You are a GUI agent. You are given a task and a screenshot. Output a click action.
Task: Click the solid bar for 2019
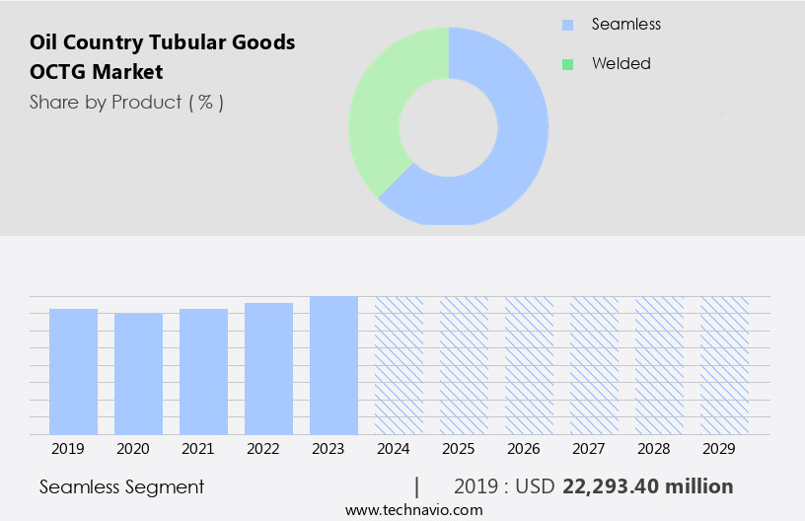coord(73,371)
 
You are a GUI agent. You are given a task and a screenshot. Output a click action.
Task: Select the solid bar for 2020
coord(138,373)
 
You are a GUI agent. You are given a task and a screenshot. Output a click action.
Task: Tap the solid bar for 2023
coord(333,365)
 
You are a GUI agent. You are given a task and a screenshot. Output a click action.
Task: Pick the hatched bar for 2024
coord(399,365)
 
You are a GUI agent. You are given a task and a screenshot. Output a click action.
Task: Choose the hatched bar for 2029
coord(724,365)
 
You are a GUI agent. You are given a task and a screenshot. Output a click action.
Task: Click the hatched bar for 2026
coord(529,365)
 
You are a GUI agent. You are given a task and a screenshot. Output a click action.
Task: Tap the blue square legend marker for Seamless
coord(567,25)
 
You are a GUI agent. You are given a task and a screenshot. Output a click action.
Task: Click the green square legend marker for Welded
coord(567,64)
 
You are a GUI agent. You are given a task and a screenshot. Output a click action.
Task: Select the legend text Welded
coord(621,63)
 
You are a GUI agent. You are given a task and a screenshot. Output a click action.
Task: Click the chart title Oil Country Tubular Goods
coord(162,42)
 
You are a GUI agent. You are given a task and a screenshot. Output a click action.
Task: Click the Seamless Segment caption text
coord(121,486)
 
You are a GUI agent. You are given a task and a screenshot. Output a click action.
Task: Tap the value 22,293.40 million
coord(647,486)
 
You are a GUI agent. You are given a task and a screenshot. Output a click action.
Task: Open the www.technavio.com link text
coord(413,510)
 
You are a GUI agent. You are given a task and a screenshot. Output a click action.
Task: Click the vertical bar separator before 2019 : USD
coord(417,486)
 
